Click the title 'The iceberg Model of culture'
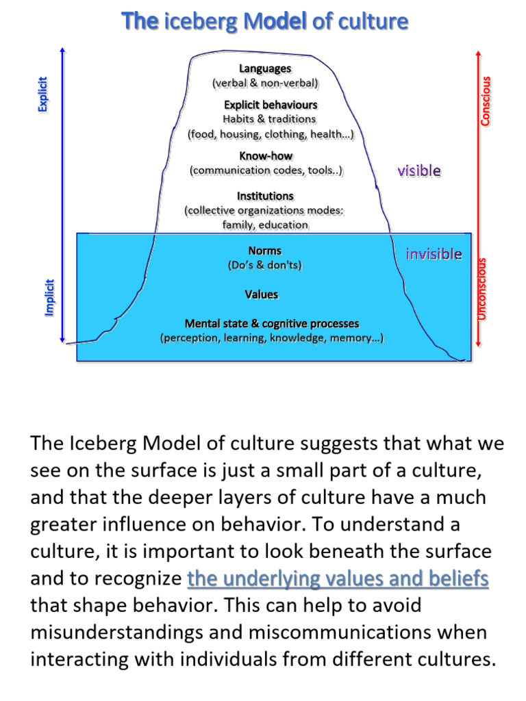click(x=265, y=23)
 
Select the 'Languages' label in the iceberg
click(x=265, y=68)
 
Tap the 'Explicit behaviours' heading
click(x=271, y=105)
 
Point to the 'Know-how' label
click(x=266, y=155)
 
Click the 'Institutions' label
click(x=265, y=196)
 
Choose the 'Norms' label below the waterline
click(x=265, y=251)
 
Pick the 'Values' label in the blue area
click(x=262, y=294)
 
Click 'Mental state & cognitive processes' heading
click(x=272, y=323)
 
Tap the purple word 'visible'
click(x=419, y=170)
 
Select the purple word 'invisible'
click(x=434, y=255)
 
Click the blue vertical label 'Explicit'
click(x=43, y=94)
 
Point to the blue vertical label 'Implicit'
click(x=49, y=296)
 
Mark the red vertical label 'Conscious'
click(x=486, y=100)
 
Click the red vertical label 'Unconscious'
click(x=482, y=288)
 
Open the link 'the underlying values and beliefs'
click(x=338, y=579)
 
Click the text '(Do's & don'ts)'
click(x=265, y=265)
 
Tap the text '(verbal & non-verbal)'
click(x=265, y=84)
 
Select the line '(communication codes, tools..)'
click(x=266, y=170)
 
